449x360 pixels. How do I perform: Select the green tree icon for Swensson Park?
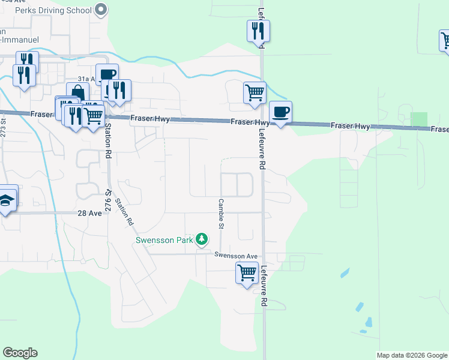[202, 239]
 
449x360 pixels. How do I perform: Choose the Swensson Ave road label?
[236, 255]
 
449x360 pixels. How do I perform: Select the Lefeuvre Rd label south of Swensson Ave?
[263, 287]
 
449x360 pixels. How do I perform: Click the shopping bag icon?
[77, 92]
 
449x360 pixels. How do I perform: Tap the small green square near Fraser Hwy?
[419, 119]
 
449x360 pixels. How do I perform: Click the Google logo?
[20, 353]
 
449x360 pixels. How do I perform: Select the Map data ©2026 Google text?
[412, 355]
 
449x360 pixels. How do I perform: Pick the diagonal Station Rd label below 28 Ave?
[125, 212]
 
